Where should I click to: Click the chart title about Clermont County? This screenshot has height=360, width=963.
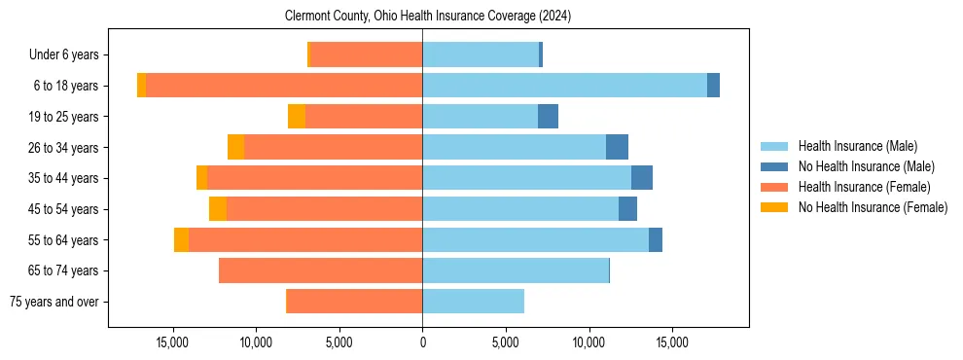428,17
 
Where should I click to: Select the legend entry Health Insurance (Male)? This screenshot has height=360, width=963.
855,146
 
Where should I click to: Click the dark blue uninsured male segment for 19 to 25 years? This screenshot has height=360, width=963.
548,117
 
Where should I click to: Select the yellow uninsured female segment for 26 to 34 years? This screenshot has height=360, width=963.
235,147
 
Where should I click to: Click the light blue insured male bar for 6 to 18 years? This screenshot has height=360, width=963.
564,86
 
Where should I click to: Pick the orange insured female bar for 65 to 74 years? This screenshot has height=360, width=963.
320,270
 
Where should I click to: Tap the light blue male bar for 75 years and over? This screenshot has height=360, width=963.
473,302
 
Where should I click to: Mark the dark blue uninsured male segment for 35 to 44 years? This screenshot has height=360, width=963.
642,178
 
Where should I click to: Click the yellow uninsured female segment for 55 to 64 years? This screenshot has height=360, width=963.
181,239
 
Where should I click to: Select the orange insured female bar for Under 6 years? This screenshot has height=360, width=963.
366,55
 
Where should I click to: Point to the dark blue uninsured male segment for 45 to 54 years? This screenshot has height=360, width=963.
627,209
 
